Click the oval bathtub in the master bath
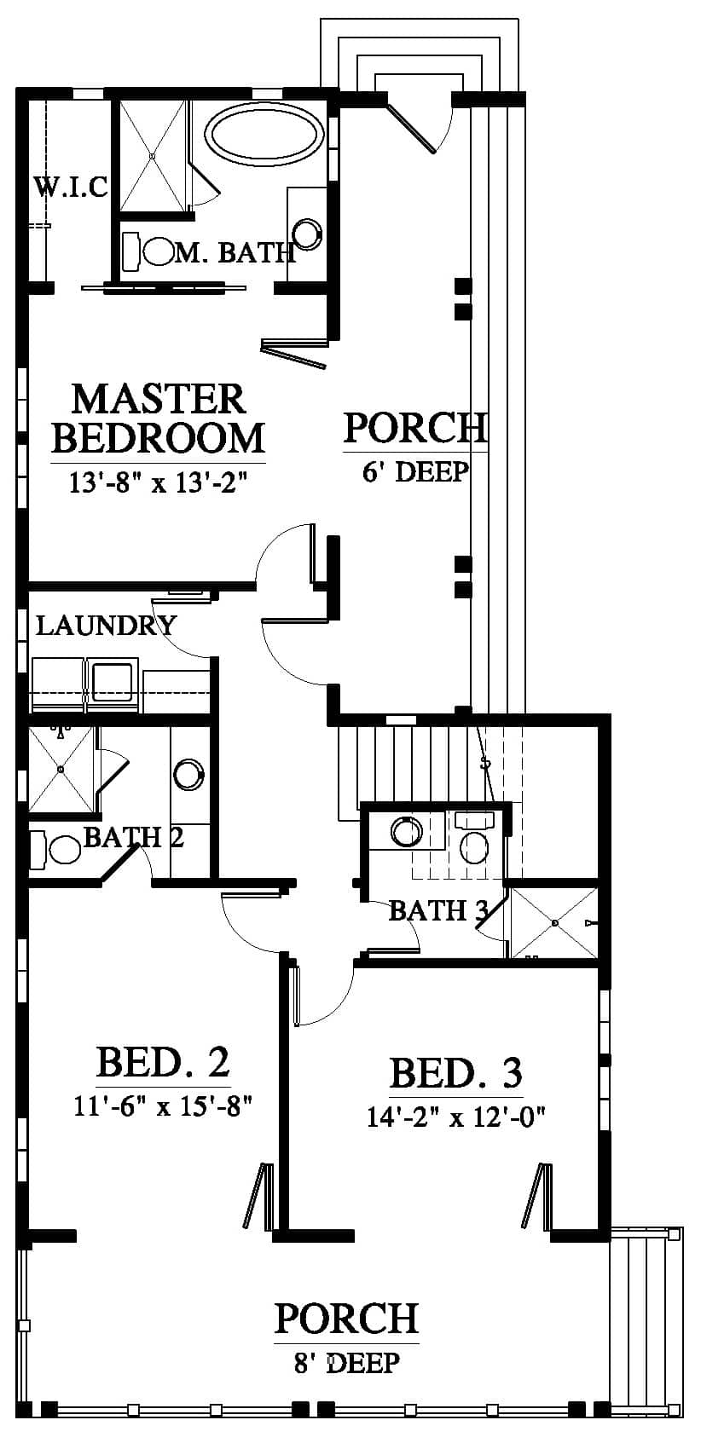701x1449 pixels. tap(264, 133)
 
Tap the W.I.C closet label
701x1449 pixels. tap(71, 187)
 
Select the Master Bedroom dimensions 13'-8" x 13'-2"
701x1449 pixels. tap(159, 482)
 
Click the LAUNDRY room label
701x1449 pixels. tap(106, 626)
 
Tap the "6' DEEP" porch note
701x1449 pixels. tap(415, 471)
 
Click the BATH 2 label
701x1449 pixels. tap(134, 837)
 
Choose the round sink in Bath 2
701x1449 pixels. tap(189, 774)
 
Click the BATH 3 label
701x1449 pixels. tap(438, 911)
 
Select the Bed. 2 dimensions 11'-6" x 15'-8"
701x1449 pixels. tap(162, 1106)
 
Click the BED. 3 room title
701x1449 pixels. tap(456, 1073)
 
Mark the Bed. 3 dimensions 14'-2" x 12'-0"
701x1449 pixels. tap(456, 1117)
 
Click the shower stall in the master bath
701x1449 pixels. tap(153, 155)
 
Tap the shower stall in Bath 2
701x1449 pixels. tap(61, 769)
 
